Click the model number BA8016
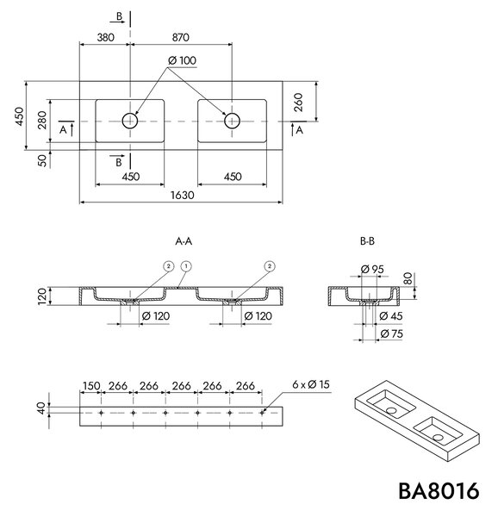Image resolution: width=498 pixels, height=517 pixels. (439, 491)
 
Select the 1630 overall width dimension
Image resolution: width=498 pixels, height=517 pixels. (183, 196)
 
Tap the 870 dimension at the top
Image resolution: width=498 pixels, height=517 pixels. (181, 37)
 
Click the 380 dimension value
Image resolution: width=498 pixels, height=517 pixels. (105, 37)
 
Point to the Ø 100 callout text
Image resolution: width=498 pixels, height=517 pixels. (182, 60)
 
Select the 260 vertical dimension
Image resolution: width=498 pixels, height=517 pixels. (298, 103)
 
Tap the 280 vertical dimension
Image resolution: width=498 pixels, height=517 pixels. (42, 121)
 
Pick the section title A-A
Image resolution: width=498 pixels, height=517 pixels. (184, 241)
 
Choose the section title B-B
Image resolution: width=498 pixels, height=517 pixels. (367, 241)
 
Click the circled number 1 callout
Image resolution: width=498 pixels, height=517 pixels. (186, 266)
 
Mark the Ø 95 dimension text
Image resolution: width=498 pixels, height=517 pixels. (372, 270)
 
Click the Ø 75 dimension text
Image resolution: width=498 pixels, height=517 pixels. (391, 333)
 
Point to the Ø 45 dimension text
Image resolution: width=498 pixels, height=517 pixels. (391, 316)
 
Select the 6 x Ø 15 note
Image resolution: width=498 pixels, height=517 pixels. (311, 384)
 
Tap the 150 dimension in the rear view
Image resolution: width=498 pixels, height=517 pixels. (91, 385)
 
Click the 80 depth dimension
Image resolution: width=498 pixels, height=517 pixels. (408, 279)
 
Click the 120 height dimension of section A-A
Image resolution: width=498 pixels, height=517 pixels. (42, 296)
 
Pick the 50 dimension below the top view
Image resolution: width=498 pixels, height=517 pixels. (42, 160)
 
